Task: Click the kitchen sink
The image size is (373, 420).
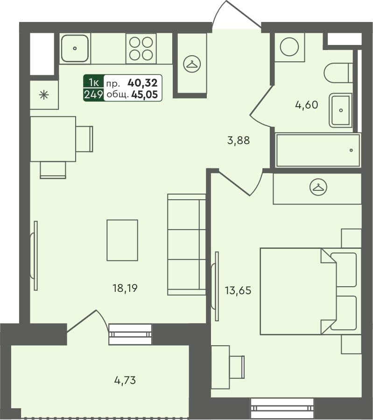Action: click(75, 48)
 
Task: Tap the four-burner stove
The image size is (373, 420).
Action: click(141, 48)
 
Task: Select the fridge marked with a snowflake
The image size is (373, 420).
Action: click(44, 95)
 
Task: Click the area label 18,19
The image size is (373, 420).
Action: click(125, 288)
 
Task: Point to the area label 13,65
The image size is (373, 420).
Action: click(239, 290)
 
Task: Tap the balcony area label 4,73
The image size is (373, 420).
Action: click(125, 380)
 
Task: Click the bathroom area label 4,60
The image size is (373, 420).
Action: click(306, 105)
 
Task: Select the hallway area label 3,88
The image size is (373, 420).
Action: click(239, 140)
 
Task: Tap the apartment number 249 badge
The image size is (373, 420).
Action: click(93, 95)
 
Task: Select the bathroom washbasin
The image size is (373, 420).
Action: click(341, 110)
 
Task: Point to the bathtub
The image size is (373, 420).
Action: click(318, 150)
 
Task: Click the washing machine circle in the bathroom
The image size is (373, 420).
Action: click(289, 47)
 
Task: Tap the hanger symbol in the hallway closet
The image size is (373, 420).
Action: click(191, 64)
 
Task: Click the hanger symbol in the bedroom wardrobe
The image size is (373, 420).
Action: click(318, 187)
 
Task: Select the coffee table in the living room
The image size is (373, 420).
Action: click(122, 240)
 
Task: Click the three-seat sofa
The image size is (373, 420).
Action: click(187, 244)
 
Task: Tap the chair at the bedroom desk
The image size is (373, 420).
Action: click(237, 367)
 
